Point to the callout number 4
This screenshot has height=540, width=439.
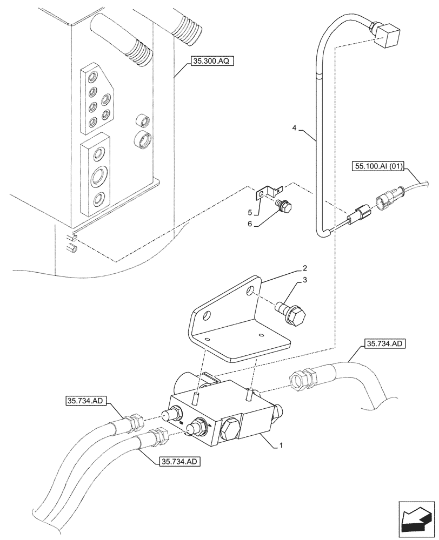294,128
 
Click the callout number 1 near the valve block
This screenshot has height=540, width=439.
281,447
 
